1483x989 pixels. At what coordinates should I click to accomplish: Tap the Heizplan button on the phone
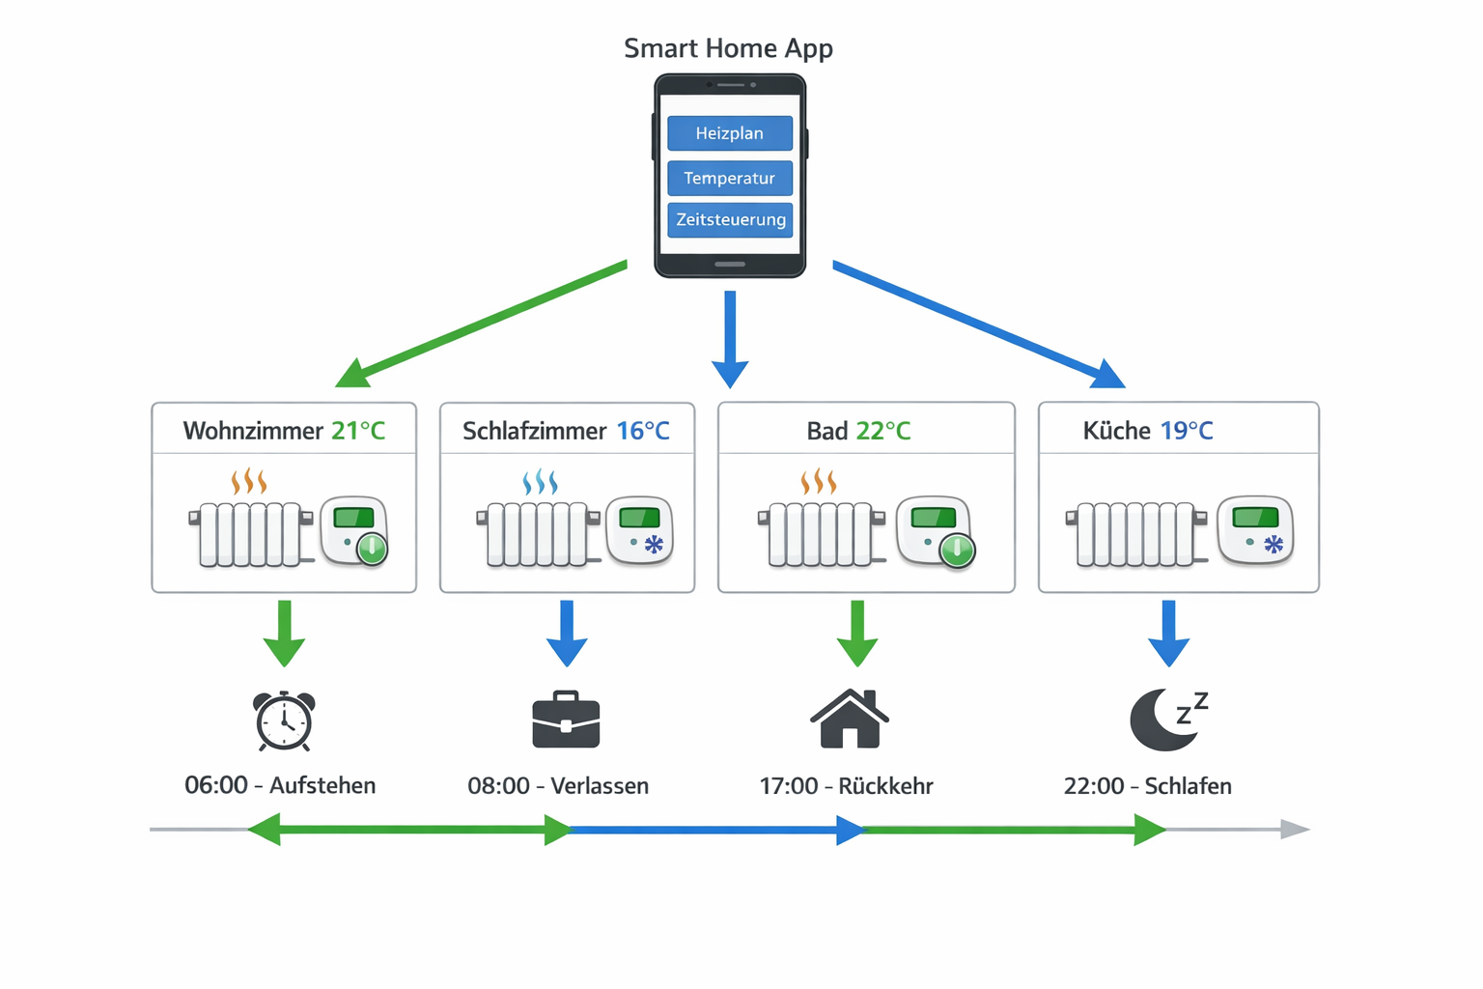point(730,133)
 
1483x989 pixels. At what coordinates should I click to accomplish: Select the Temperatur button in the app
point(730,178)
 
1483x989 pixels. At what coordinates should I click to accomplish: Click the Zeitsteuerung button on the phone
point(730,219)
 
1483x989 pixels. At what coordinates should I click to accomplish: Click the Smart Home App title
point(728,48)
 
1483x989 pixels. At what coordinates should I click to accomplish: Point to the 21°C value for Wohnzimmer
point(358,431)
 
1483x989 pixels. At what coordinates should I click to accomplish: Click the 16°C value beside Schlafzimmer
point(643,431)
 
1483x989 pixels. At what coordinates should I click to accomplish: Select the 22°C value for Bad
point(883,431)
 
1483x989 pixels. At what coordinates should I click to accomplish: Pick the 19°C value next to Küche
point(1187,431)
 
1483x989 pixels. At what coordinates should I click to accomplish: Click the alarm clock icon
point(284,721)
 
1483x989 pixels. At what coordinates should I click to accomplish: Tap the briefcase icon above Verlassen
point(566,721)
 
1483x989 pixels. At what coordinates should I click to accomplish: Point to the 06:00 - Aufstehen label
point(280,785)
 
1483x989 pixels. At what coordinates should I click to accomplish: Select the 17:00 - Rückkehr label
point(846,785)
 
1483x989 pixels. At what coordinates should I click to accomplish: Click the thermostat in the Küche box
point(1255,529)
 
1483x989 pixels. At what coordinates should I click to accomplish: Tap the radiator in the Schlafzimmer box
point(535,533)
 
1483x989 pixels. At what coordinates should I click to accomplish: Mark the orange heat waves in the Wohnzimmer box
point(248,481)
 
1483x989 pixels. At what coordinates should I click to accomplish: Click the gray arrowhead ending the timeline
point(1295,829)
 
